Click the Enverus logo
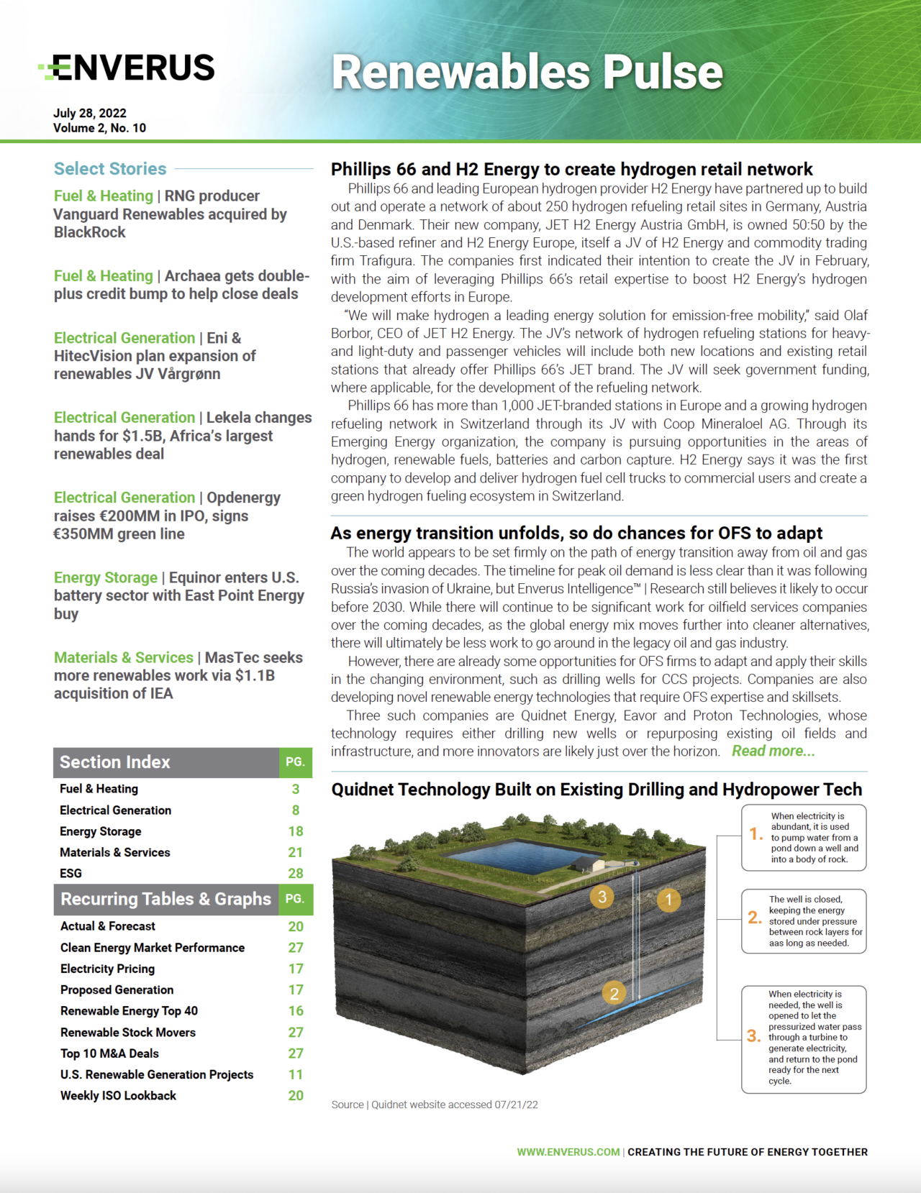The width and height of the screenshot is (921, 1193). (127, 68)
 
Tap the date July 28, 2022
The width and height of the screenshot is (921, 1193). (90, 113)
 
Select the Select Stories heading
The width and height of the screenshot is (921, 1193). (110, 169)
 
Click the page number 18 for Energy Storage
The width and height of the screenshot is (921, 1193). (296, 831)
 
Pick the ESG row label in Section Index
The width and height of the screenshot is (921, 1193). (71, 873)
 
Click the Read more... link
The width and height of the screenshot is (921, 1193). (773, 751)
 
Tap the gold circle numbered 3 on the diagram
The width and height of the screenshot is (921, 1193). (602, 897)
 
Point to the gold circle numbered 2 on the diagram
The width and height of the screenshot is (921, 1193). (614, 994)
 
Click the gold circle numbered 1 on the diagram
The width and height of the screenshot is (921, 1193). (668, 900)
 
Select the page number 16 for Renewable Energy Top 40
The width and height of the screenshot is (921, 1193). (296, 1011)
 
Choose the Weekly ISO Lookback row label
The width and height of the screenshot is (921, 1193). (118, 1095)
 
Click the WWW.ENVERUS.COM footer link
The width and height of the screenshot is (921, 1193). (568, 1152)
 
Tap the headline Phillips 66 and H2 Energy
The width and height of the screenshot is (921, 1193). (571, 170)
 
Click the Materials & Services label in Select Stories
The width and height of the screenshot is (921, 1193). (123, 657)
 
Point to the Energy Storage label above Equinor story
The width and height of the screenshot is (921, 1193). (106, 577)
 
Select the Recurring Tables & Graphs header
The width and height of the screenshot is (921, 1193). (165, 899)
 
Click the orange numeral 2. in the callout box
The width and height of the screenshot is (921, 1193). (755, 918)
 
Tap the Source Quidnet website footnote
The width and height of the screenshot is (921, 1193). (435, 1105)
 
